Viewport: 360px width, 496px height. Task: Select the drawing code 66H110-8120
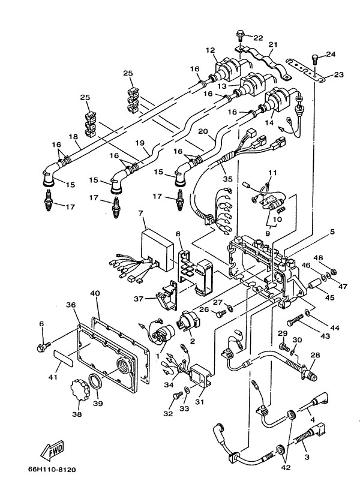[52, 470]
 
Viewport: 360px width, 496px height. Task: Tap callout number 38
[77, 413]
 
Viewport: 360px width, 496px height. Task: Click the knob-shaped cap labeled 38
[79, 390]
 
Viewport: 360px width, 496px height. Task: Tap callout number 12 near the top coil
[210, 50]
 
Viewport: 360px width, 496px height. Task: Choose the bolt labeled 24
[316, 59]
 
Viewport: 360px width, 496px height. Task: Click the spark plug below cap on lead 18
[49, 200]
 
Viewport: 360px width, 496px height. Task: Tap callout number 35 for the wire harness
[227, 179]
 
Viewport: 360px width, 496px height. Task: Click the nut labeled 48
[333, 272]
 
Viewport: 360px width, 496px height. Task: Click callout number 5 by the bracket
[332, 232]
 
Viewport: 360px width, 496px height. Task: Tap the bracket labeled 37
[167, 295]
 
